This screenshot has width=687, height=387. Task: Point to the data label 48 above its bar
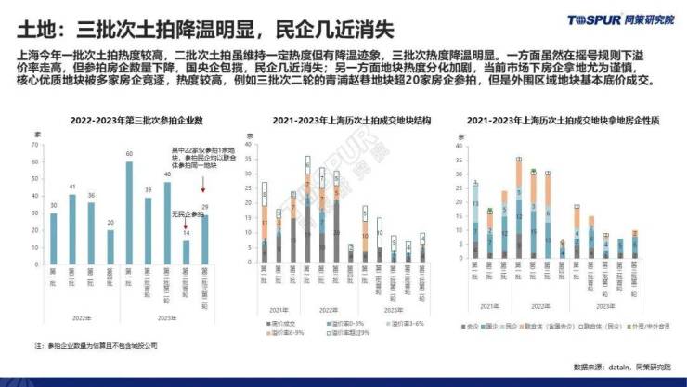point(167,174)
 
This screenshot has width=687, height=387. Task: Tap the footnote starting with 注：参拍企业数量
point(97,344)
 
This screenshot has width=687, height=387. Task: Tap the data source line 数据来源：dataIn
point(621,367)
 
